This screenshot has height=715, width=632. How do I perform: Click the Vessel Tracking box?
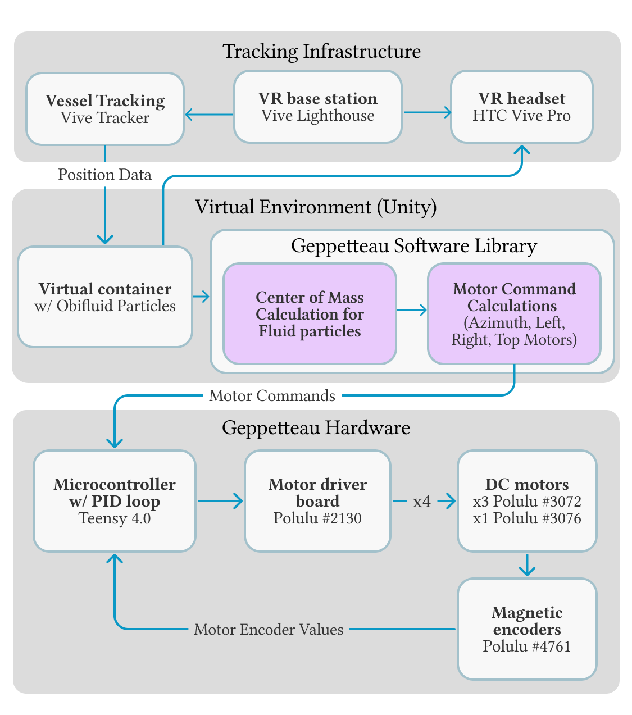[x=105, y=109]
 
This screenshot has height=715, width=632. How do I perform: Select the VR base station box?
[x=317, y=107]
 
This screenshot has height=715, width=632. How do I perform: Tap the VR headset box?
[x=521, y=107]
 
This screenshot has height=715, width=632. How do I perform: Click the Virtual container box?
[x=105, y=297]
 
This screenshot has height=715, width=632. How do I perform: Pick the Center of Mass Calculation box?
[x=310, y=314]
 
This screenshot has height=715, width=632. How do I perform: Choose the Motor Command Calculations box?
[x=514, y=314]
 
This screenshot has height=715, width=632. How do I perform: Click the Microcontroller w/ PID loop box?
[x=115, y=501]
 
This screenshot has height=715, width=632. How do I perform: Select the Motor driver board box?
[x=317, y=501]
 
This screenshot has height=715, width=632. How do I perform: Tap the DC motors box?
[x=526, y=501]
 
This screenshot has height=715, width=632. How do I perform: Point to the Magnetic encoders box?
[x=526, y=629]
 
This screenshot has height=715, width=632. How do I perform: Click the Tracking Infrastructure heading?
[x=321, y=51]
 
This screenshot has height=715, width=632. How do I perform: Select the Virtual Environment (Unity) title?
[x=316, y=207]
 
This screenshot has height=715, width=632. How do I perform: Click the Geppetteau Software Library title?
[x=414, y=246]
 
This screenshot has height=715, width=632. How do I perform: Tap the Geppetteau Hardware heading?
[x=316, y=428]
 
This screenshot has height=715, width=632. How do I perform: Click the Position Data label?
[x=105, y=175]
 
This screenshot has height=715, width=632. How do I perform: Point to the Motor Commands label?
[x=272, y=396]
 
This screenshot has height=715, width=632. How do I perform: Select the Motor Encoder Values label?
[x=269, y=630]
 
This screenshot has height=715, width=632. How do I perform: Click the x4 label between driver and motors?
[x=422, y=502]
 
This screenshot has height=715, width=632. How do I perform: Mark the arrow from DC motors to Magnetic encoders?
[x=526, y=565]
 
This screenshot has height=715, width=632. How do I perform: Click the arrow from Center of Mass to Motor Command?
[x=412, y=309]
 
